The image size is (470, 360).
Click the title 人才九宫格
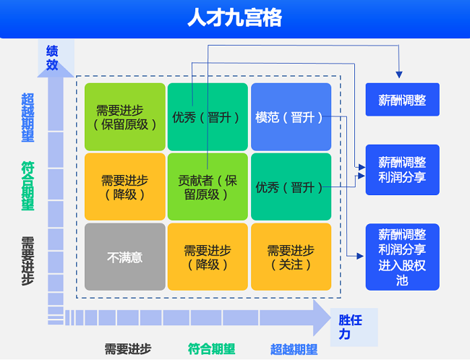[x=234, y=18]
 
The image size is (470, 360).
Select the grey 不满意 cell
[x=125, y=257]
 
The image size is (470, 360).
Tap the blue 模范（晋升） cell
[x=291, y=117]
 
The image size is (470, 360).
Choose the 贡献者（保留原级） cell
[x=208, y=187]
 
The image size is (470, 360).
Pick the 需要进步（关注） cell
[x=291, y=257]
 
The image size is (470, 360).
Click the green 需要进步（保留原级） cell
[x=125, y=117]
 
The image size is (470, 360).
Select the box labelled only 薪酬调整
[x=402, y=100]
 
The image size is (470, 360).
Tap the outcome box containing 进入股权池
[x=402, y=257]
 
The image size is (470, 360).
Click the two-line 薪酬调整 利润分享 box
[x=402, y=170]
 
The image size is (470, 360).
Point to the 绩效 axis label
[x=52, y=58]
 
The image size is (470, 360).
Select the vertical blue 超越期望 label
[x=27, y=117]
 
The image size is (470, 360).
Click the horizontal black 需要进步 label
[x=128, y=349]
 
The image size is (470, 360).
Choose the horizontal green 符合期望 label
[x=211, y=349]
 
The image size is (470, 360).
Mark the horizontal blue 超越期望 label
[x=294, y=349]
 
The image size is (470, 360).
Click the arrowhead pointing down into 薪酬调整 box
[x=399, y=73]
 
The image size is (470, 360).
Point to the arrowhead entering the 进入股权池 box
[x=361, y=256]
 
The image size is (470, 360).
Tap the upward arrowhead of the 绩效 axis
[x=56, y=71]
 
